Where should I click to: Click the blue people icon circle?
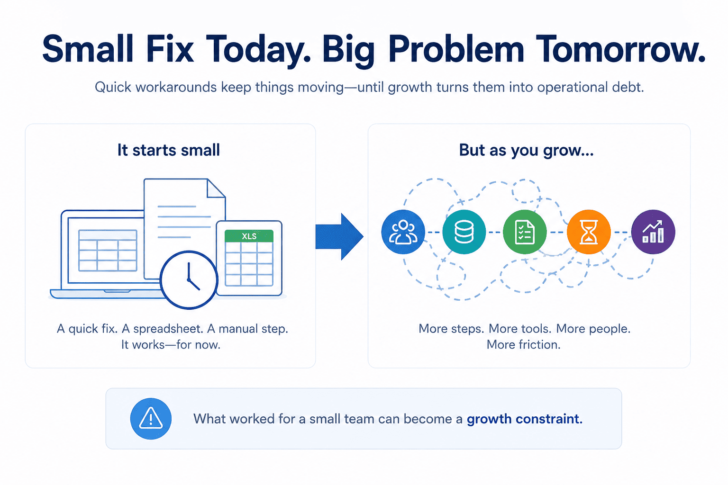403,232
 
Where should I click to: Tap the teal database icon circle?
464,232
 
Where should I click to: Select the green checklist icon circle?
525,232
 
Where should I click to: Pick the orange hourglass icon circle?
589,232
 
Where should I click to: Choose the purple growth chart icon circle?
653,232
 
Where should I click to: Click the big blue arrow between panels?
339,236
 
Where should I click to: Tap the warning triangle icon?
151,418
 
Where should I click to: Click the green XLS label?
249,236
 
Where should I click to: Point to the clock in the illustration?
189,280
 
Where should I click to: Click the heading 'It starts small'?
169,150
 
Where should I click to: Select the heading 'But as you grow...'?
526,151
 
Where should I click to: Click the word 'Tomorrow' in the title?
619,49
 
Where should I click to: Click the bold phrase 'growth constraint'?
525,419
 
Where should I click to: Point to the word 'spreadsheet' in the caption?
168,329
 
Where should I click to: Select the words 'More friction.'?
524,345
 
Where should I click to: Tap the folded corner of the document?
216,188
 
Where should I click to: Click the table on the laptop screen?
108,251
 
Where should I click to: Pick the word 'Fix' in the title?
170,49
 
